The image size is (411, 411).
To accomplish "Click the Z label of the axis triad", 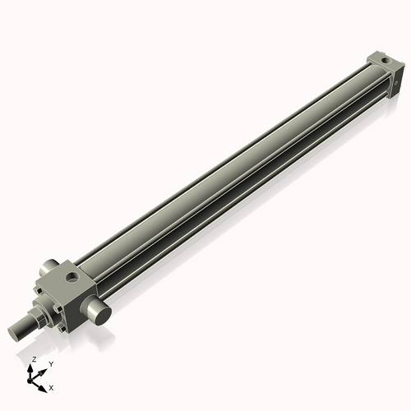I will pos(34,359).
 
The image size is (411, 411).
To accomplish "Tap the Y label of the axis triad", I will pos(51,363).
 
